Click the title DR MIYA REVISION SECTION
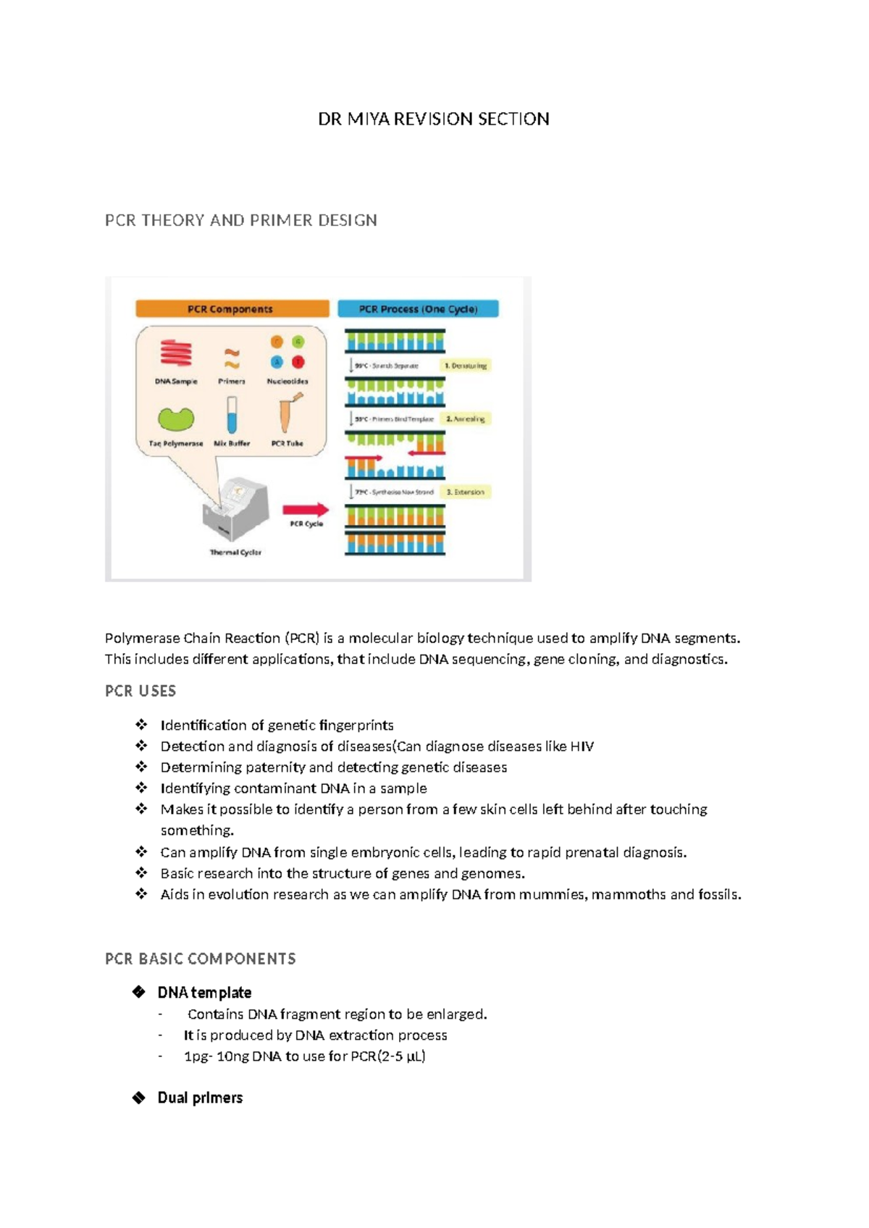[433, 119]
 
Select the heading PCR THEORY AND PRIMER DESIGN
[240, 220]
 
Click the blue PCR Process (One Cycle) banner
[418, 309]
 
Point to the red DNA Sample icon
[176, 354]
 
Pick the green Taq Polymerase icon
[176, 419]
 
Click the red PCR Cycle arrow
[306, 510]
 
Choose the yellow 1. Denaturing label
[466, 366]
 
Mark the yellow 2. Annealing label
[466, 419]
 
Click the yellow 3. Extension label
[466, 492]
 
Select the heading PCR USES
[140, 691]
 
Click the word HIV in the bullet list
[582, 747]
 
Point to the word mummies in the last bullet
[551, 895]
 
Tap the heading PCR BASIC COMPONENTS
[200, 959]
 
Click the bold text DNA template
[204, 993]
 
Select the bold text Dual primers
[200, 1098]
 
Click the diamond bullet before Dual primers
[139, 1098]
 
